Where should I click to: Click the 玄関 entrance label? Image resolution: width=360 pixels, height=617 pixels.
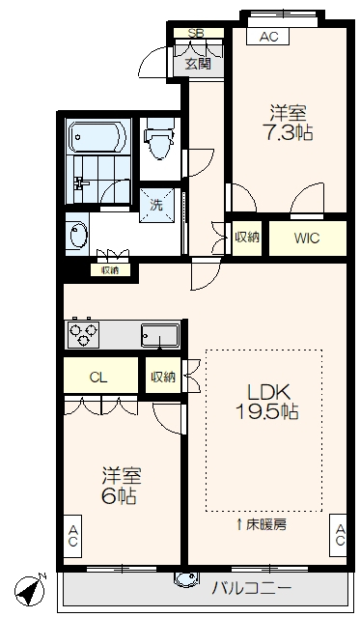198,64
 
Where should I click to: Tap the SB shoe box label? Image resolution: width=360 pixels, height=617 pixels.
196,33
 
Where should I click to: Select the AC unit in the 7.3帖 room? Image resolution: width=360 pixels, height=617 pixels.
268,36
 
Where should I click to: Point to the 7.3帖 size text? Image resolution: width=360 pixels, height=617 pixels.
288,134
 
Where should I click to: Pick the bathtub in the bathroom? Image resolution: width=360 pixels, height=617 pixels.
98,136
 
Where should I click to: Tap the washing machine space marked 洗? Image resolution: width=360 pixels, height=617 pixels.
157,205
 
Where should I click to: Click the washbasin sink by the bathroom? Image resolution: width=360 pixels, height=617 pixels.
78,235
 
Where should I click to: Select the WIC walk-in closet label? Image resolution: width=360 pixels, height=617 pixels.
307,238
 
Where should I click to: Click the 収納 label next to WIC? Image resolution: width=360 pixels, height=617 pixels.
247,238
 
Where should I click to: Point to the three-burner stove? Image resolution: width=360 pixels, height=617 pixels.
83,334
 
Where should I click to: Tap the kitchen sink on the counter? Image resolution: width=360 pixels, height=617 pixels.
159,336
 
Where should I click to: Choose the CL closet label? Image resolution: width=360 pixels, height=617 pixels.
98,378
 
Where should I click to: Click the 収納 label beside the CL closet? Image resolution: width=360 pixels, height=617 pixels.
163,377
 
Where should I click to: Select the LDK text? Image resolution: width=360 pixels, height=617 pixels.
269,392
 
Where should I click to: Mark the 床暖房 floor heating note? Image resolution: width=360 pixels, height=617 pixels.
262,524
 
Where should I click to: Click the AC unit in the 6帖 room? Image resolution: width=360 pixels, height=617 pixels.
72,536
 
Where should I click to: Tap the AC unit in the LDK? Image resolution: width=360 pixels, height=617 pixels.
339,535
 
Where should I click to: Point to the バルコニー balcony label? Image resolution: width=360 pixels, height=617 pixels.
252,588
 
